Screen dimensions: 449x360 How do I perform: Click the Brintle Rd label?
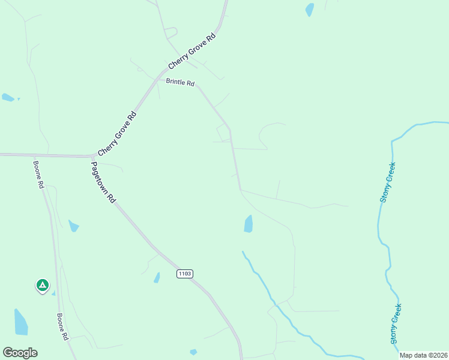pos(180,83)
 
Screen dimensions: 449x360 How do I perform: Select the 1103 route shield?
pos(185,274)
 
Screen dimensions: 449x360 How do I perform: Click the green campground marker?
pos(42,286)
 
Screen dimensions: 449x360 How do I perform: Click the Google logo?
pos(20,353)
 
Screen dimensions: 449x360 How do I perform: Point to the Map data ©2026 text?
pos(423,355)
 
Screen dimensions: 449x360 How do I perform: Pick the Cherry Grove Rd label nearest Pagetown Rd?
pos(117,133)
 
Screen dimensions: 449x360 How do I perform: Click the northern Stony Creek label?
pos(388,182)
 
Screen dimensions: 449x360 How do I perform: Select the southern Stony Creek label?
pos(395,323)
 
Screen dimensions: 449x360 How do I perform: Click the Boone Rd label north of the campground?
pos(39,174)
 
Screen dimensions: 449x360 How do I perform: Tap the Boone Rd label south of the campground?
pos(62,327)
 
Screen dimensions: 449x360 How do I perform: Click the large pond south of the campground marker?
pos(20,322)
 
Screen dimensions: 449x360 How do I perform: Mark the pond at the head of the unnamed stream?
pos(249,224)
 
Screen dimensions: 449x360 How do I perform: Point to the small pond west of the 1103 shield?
pos(157,277)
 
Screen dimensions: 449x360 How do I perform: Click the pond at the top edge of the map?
pos(310,10)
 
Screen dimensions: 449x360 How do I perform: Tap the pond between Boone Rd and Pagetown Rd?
pos(73,226)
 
